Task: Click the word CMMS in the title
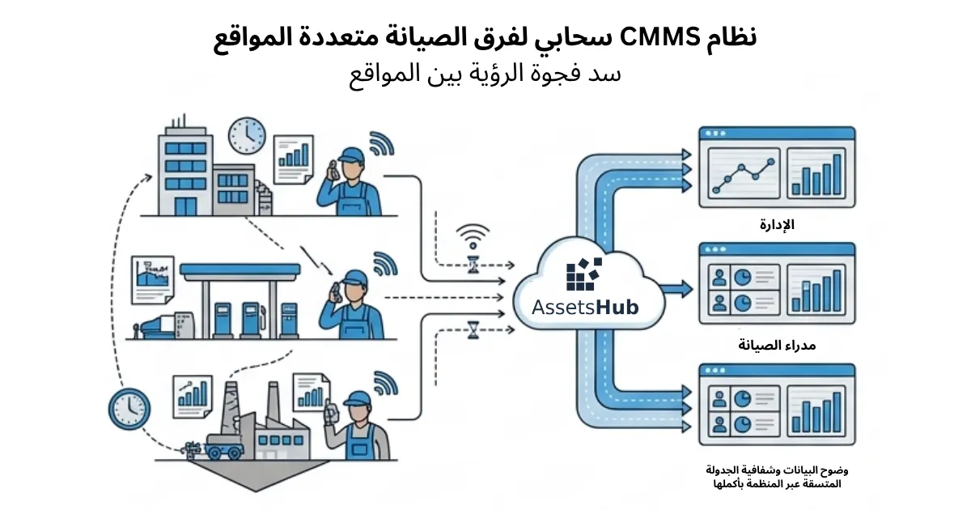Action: click(659, 38)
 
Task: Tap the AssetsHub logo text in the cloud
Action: click(585, 308)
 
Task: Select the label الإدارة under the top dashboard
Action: click(777, 225)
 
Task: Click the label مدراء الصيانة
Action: click(777, 345)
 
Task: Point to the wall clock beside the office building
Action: click(247, 135)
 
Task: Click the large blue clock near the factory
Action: click(129, 409)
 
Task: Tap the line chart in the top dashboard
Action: click(744, 173)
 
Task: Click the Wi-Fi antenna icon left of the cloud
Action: click(473, 236)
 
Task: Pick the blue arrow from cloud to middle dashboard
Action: click(677, 289)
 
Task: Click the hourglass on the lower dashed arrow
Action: click(473, 330)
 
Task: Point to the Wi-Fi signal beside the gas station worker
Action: click(385, 264)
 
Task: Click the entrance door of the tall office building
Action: click(186, 206)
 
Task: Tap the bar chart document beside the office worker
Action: click(294, 159)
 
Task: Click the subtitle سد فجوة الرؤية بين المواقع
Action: click(485, 74)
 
